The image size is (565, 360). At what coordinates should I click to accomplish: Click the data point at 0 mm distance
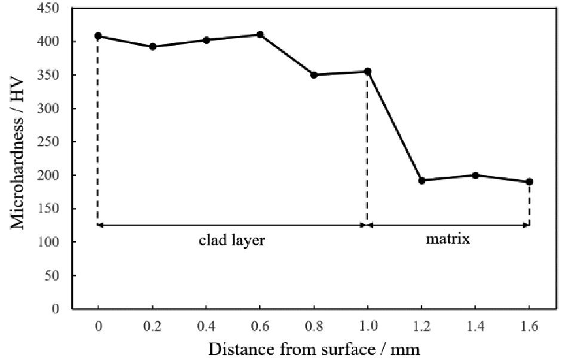(98, 36)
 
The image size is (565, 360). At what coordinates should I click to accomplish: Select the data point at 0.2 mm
(152, 47)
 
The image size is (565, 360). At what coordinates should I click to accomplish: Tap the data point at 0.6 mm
(260, 35)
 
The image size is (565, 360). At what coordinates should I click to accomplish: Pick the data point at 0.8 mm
(314, 75)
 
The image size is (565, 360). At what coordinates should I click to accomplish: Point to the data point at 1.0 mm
(367, 72)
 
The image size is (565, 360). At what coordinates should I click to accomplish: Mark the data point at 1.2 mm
(422, 180)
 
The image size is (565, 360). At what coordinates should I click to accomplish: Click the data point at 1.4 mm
(475, 176)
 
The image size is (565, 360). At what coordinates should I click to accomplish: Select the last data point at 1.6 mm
(529, 181)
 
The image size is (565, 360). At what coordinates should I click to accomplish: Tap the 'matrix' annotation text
(448, 240)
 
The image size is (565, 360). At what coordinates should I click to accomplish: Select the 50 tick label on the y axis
(58, 276)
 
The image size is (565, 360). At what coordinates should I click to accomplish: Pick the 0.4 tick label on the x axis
(206, 326)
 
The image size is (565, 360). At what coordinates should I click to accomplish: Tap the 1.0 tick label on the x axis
(367, 326)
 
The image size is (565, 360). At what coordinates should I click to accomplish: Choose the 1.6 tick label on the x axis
(529, 326)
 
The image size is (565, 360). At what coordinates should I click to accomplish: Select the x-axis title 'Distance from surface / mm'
(314, 349)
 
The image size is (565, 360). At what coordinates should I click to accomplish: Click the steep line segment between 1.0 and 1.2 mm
(394, 126)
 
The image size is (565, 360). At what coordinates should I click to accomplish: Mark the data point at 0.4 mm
(206, 40)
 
